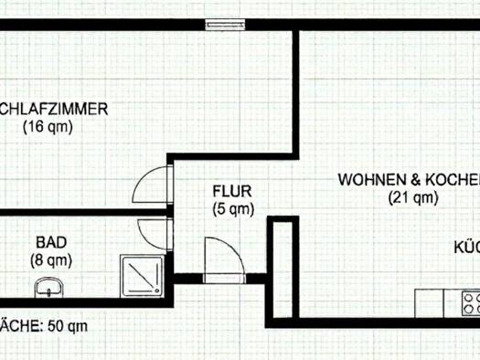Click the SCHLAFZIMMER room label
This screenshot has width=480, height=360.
tap(55, 110)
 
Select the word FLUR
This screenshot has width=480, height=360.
tap(230, 192)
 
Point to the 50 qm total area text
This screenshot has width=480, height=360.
tap(68, 324)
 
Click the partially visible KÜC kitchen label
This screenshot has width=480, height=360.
tap(467, 247)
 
